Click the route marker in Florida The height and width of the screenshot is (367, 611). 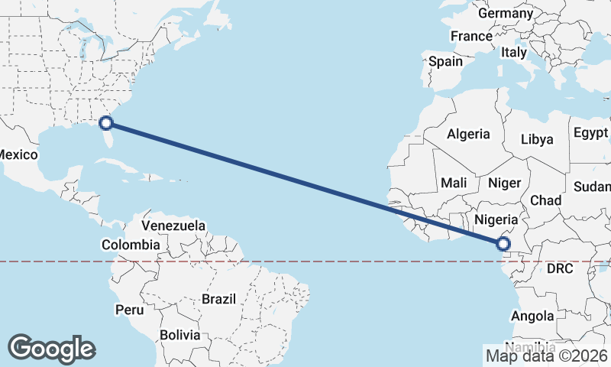pos(107,122)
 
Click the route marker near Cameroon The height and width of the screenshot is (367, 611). pos(503,244)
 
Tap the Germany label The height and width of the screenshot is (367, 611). pos(505,14)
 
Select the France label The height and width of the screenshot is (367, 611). pos(471,36)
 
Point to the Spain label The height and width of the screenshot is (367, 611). pos(445,61)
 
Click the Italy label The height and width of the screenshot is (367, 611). pos(514,53)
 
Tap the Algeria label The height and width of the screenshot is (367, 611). pos(468,134)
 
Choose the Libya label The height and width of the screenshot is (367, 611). pos(536,140)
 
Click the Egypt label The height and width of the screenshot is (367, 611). pos(590,132)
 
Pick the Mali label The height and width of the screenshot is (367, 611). pos(454,183)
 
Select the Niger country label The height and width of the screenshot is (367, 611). pos(503,183)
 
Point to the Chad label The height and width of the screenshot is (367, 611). pos(545,200)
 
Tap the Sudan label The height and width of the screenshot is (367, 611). pos(593,187)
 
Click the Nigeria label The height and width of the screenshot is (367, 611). pos(496,220)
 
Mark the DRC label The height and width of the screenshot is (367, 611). pos(561,269)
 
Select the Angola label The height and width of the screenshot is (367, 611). pos(532,316)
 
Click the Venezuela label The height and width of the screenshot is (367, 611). pos(174,226)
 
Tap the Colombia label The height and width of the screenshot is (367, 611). pos(131,245)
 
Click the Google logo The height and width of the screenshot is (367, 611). pos(51,349)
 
